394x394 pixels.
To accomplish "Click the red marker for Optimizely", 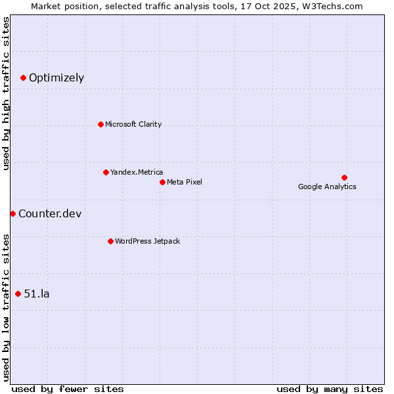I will pyautogui.click(x=23, y=77).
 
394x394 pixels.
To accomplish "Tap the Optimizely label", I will pyautogui.click(x=56, y=77).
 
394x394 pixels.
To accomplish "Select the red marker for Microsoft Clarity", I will pyautogui.click(x=100, y=124).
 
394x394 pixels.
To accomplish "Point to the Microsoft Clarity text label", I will pyautogui.click(x=133, y=124).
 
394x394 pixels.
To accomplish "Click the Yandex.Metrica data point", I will pyautogui.click(x=106, y=172).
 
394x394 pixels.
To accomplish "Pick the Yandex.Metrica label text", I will pyautogui.click(x=137, y=172).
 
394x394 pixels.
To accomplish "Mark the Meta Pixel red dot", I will pyautogui.click(x=162, y=182).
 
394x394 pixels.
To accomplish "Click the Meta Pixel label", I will pyautogui.click(x=185, y=182).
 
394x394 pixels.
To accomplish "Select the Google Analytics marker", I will pyautogui.click(x=344, y=177).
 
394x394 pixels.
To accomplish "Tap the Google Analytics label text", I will pyautogui.click(x=327, y=186).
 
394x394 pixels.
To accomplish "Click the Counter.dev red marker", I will pyautogui.click(x=12, y=213).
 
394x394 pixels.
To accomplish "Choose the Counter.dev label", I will pyautogui.click(x=50, y=213).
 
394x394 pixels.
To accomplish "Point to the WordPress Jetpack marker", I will pyautogui.click(x=110, y=241).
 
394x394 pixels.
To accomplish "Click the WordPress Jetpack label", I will pyautogui.click(x=147, y=241).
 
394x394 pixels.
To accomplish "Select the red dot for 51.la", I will pyautogui.click(x=18, y=294).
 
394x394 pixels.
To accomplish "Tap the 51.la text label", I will pyautogui.click(x=37, y=294).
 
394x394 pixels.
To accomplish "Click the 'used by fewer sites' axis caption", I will pyautogui.click(x=68, y=389).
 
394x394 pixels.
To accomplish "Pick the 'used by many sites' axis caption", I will pyautogui.click(x=330, y=389).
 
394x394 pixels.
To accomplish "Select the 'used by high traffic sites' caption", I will pyautogui.click(x=6, y=93).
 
